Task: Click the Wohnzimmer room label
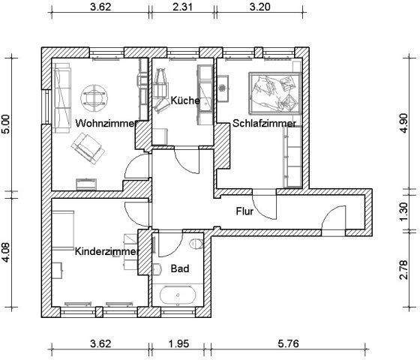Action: [x=105, y=123]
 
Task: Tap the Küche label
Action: [x=184, y=100]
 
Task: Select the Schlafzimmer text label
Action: [x=264, y=123]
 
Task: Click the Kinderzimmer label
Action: [x=106, y=251]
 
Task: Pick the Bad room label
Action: [x=179, y=268]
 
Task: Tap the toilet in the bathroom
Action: [x=196, y=244]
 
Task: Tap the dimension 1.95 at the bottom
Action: [x=177, y=344]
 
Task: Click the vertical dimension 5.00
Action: [x=7, y=124]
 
